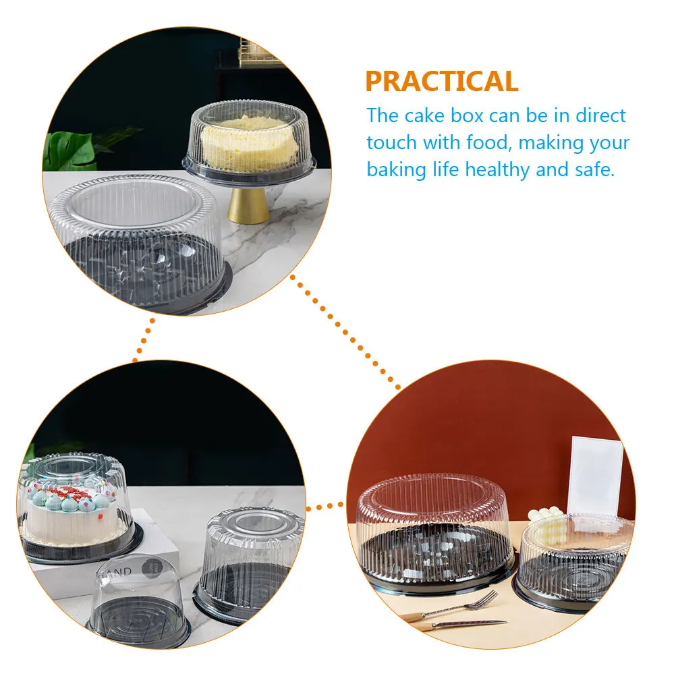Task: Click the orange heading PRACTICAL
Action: (x=441, y=81)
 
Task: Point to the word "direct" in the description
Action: (x=600, y=115)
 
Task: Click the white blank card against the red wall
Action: (x=596, y=476)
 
